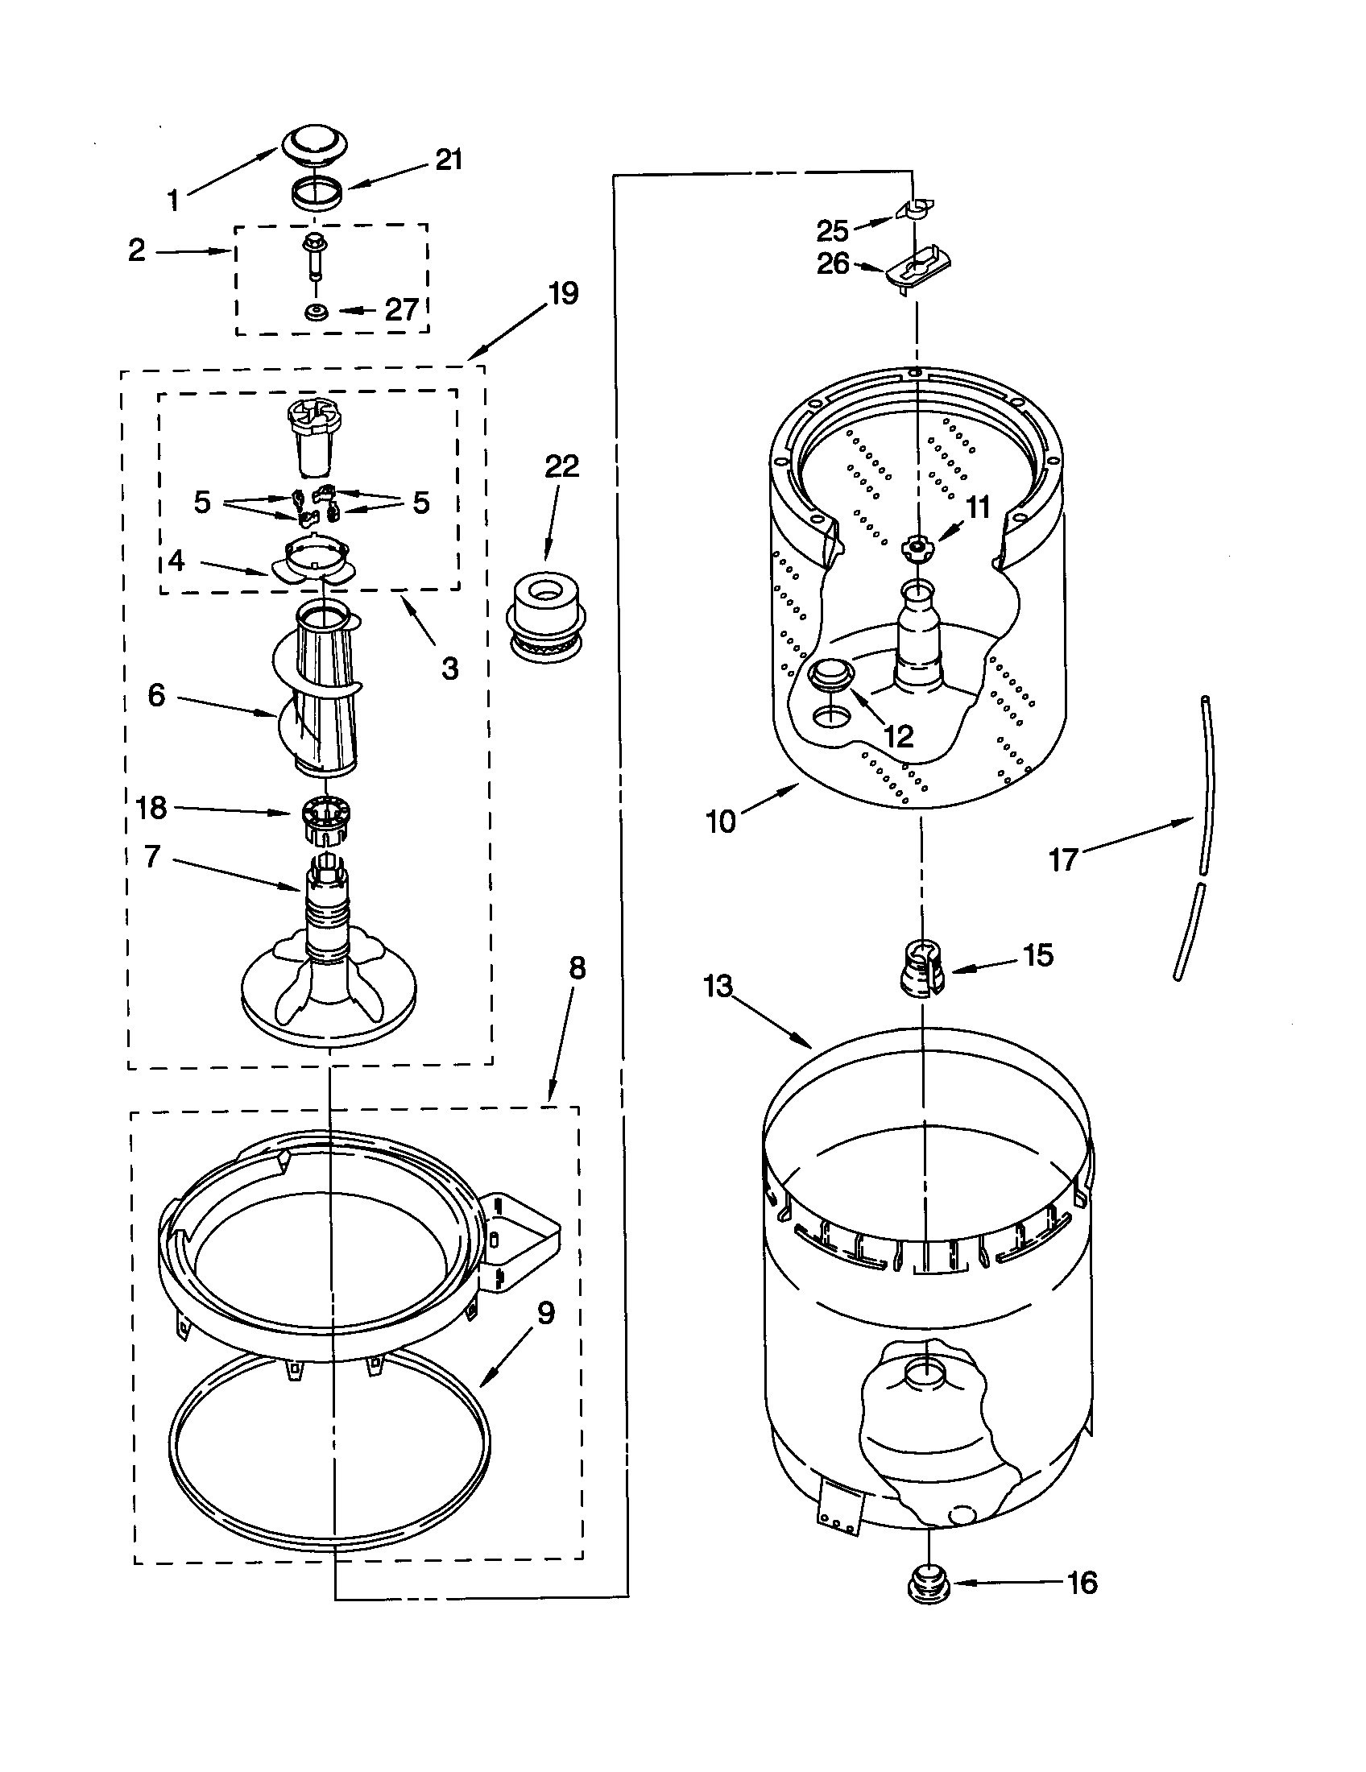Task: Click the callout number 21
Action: [x=449, y=159]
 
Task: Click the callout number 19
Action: [x=562, y=293]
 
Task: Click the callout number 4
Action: [x=176, y=561]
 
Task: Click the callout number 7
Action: [x=152, y=856]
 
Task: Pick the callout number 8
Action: [x=576, y=968]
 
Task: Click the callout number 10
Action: [x=720, y=822]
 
